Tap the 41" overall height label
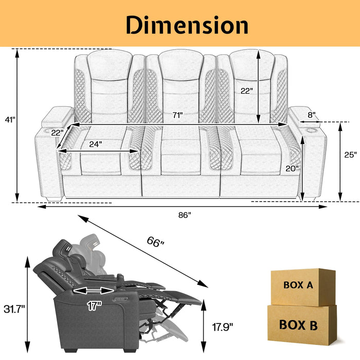[x=9, y=119]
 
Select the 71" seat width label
[x=178, y=115]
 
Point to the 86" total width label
[x=185, y=214]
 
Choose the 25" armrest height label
[x=351, y=154]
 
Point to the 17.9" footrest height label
[x=223, y=326]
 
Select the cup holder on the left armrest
[x=56, y=132]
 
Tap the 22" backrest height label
[x=247, y=91]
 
